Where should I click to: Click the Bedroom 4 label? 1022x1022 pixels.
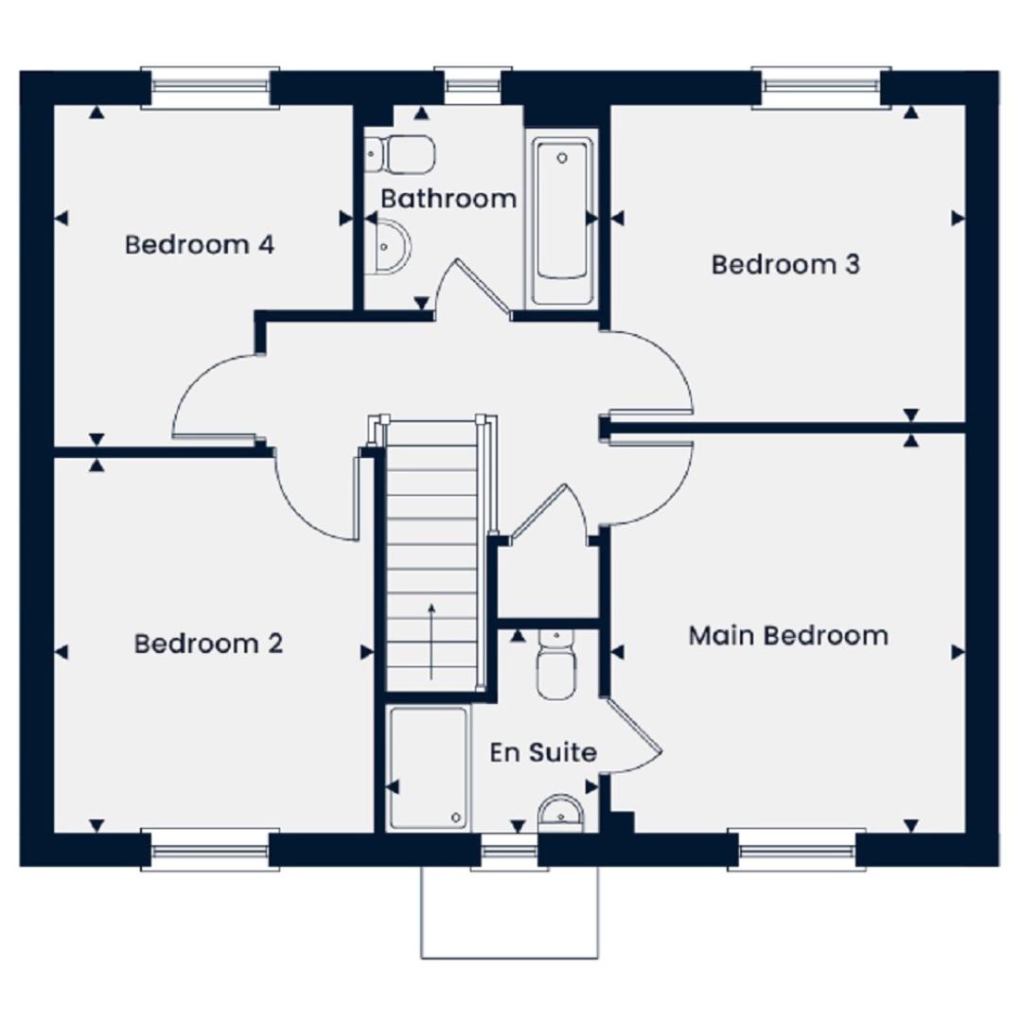coord(200,245)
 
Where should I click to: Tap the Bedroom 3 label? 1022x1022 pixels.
coord(785,265)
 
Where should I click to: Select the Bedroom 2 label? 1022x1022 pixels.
coord(208,644)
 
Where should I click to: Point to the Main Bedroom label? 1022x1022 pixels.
coord(788,636)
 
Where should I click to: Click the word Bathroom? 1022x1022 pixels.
coord(449,199)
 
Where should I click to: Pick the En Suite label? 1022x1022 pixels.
coord(543,752)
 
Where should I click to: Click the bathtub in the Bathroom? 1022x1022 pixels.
coord(562,220)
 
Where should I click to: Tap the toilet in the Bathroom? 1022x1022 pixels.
coord(399,154)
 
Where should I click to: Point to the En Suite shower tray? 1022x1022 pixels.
coord(429,768)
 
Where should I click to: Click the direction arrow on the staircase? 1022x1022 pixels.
coord(432,642)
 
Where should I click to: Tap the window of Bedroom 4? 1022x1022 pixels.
coord(210,88)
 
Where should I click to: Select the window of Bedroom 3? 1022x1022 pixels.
coord(821,88)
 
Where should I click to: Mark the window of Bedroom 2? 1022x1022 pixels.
coord(210,850)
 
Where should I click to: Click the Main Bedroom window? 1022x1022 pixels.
coord(797,850)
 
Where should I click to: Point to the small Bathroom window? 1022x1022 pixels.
coord(473,86)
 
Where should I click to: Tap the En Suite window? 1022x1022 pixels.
coord(509,852)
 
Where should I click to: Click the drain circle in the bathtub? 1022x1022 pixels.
coord(562,158)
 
